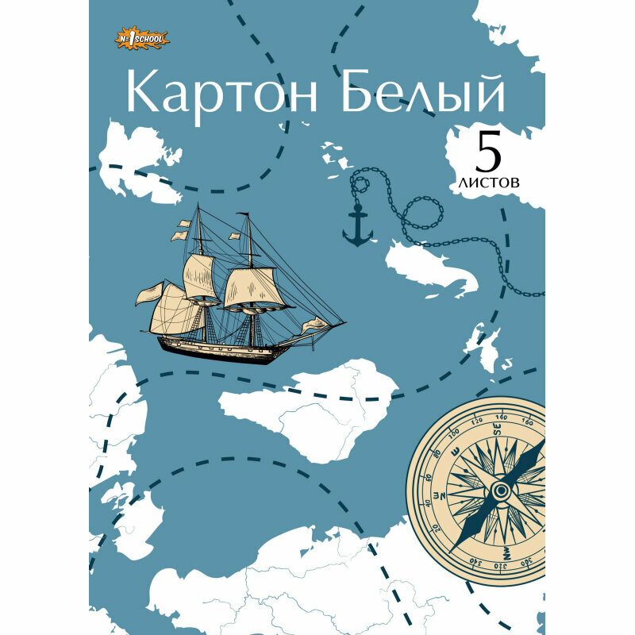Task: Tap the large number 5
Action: tap(489, 150)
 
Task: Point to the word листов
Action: tap(489, 181)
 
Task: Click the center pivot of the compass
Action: tap(500, 491)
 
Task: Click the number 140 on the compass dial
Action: tap(501, 416)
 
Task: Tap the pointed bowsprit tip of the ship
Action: tap(344, 322)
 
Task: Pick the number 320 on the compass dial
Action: tap(502, 565)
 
